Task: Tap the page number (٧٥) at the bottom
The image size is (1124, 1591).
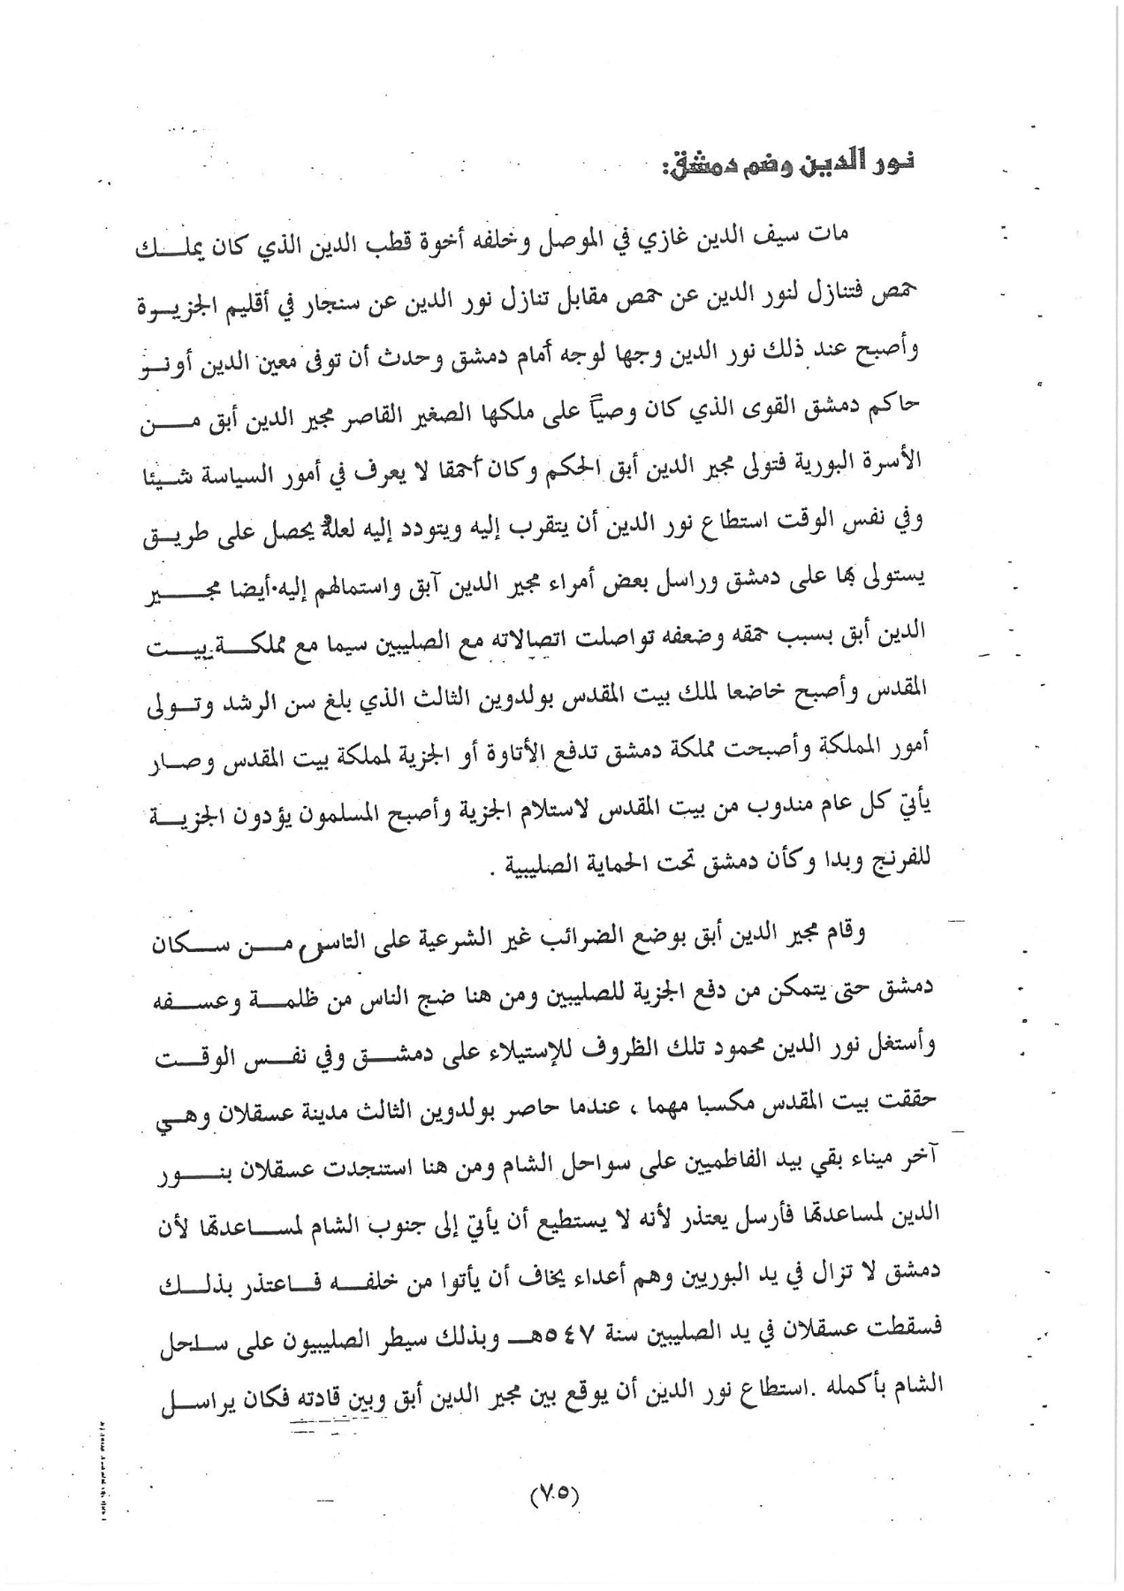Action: click(x=554, y=1495)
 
